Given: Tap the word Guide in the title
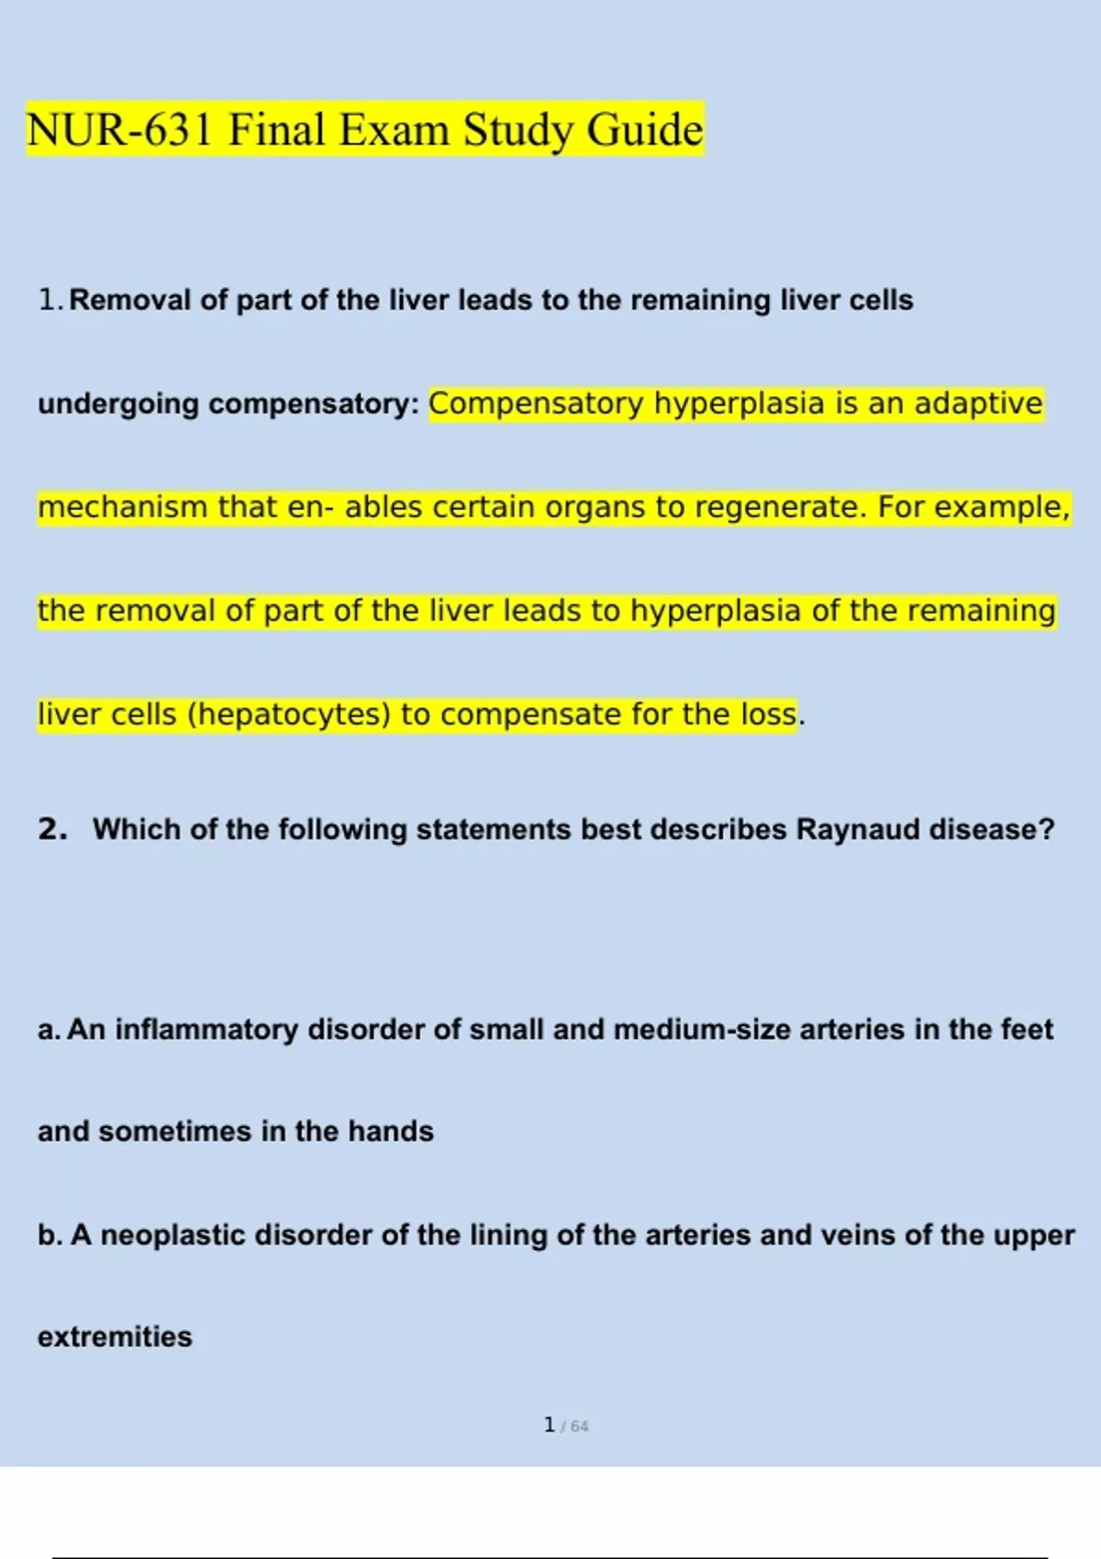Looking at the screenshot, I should click(x=644, y=129).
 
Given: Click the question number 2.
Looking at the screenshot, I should click(x=52, y=829).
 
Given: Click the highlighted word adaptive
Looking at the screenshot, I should click(x=978, y=404).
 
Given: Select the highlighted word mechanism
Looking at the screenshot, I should click(x=122, y=507).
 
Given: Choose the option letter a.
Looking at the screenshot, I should click(x=48, y=1030).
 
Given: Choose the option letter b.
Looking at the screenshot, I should click(x=49, y=1235).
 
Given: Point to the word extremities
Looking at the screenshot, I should click(x=115, y=1337).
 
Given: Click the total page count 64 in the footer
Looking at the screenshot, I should click(x=579, y=1427).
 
